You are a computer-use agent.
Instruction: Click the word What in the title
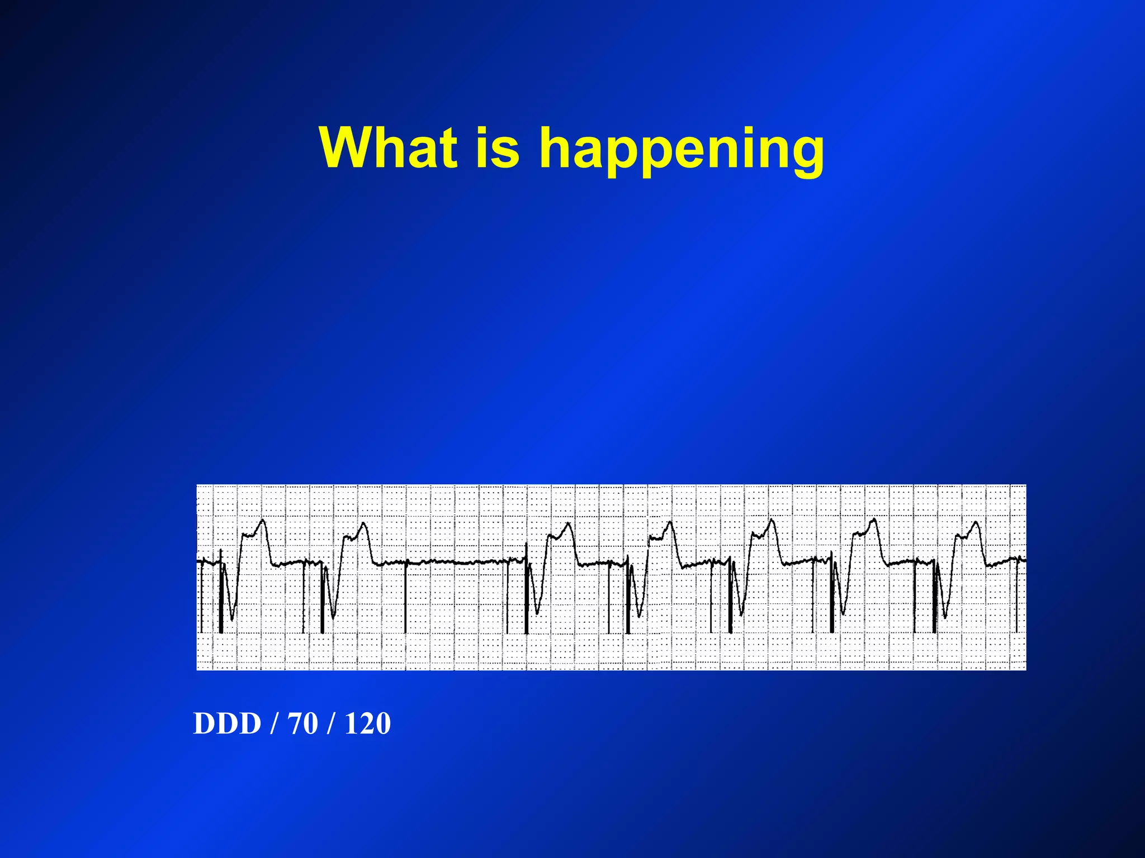(388, 147)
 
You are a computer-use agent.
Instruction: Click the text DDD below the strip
(227, 723)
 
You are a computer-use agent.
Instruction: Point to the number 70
(302, 723)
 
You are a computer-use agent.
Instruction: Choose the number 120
(367, 723)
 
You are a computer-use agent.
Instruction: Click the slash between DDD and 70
(273, 723)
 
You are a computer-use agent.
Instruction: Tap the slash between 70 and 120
(333, 723)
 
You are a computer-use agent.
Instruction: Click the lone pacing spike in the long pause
(405, 598)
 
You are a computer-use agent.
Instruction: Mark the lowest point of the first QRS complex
(232, 619)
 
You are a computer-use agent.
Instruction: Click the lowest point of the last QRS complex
(945, 617)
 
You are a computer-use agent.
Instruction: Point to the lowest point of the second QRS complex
(333, 617)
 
